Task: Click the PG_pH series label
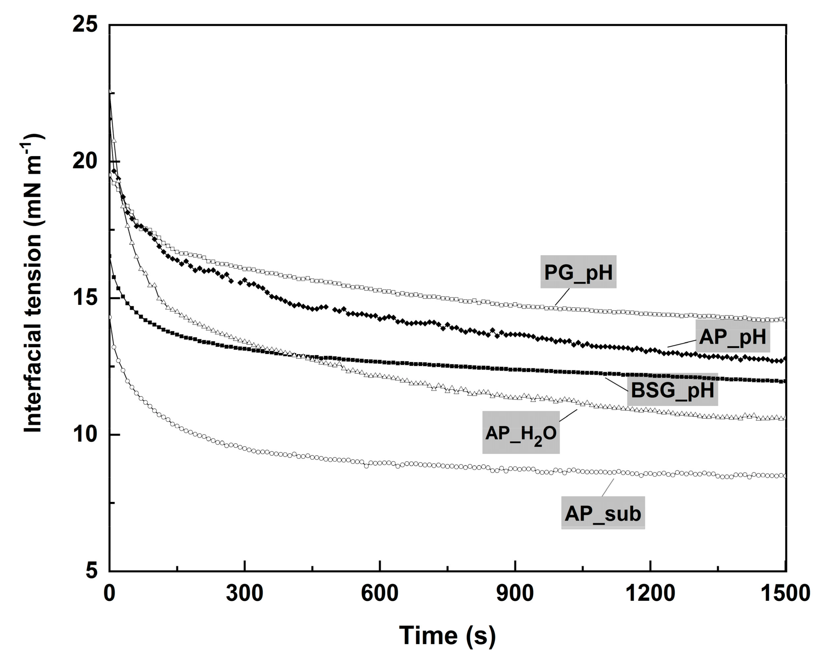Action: coord(578,272)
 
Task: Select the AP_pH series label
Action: coord(732,337)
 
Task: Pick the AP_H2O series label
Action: coord(520,433)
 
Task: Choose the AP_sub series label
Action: coord(603,513)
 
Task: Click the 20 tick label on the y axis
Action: coord(85,162)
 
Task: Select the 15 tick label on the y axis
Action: coord(85,298)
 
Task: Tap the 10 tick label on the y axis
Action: coord(85,435)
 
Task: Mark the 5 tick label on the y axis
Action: coord(91,571)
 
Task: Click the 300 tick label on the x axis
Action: coord(244,593)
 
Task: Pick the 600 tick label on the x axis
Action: coord(379,593)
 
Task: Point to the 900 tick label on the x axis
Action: coord(515,593)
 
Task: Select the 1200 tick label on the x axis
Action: coord(650,593)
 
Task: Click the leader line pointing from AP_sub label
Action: coord(608,488)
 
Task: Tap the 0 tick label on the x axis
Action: coord(109,593)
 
